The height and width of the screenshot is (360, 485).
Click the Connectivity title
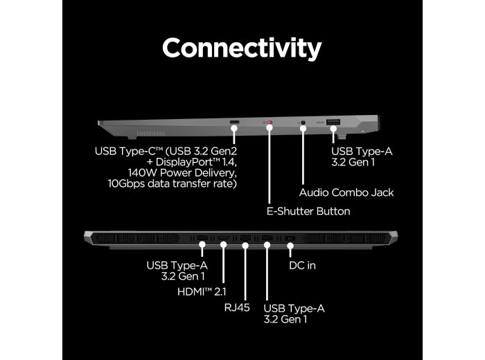point(242,48)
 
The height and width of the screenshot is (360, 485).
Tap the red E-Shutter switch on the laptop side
point(270,122)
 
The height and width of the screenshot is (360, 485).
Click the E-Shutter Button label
point(308,211)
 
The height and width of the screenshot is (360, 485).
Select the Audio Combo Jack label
point(346,192)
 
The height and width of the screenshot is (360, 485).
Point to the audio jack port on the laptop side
point(303,123)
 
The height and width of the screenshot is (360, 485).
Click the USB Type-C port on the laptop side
point(234,122)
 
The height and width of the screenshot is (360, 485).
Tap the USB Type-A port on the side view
point(333,122)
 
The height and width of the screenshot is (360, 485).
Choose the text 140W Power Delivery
point(182,173)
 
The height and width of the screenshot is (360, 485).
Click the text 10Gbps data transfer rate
point(172,183)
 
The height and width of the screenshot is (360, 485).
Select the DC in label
point(302,265)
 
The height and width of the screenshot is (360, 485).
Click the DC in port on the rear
point(290,238)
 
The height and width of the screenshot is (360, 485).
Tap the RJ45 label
point(237,308)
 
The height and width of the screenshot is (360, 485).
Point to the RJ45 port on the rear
point(245,237)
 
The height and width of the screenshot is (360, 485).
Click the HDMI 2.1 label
point(202,291)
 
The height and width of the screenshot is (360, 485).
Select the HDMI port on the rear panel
point(223,238)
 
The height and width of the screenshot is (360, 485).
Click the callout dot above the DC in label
point(290,246)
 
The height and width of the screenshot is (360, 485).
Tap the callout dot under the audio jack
point(303,127)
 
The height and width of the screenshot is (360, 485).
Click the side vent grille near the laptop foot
point(150,134)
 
